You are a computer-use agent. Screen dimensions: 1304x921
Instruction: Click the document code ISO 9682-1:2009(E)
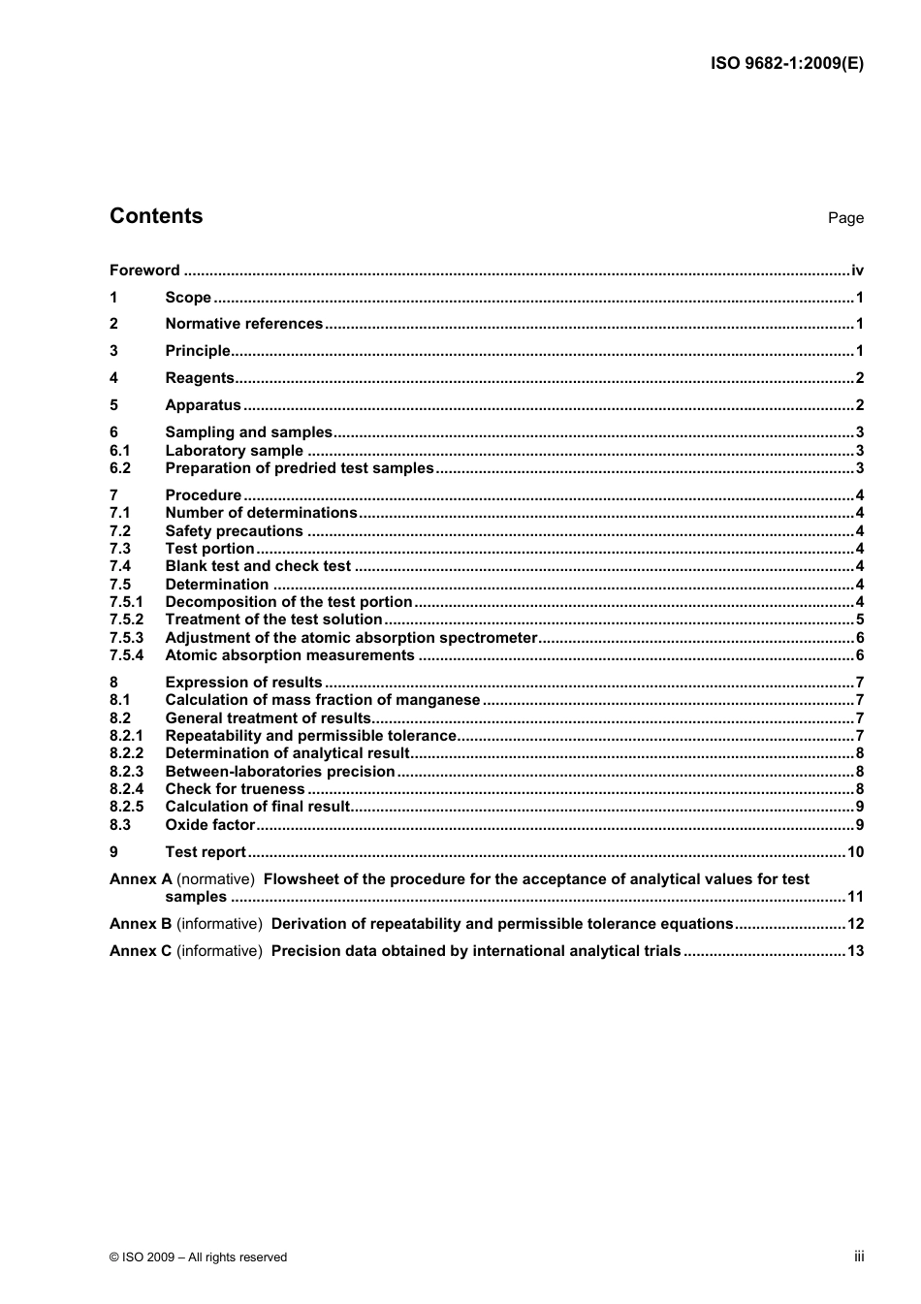click(x=786, y=64)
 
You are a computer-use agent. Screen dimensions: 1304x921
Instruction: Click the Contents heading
click(x=156, y=216)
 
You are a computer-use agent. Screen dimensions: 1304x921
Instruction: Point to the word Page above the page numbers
click(x=844, y=218)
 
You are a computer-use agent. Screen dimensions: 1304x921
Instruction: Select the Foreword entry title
click(x=144, y=270)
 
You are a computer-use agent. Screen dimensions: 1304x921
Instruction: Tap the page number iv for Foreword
click(x=857, y=270)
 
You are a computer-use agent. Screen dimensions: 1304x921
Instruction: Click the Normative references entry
click(x=243, y=324)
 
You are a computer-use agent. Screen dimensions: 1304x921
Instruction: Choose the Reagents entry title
click(x=200, y=378)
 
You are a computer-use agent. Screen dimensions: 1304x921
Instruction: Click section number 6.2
click(x=120, y=468)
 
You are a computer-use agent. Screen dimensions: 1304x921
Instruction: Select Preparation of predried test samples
click(x=299, y=468)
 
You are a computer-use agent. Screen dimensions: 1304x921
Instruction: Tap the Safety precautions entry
click(x=234, y=531)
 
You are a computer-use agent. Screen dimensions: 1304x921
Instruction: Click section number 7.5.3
click(x=126, y=638)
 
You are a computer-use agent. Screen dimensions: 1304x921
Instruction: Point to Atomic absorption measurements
click(x=289, y=655)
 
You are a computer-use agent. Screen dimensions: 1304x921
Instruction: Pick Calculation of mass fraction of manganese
click(x=322, y=700)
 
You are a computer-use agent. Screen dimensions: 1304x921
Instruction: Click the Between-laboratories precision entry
click(x=279, y=772)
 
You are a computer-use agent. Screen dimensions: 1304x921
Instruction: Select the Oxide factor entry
click(x=209, y=825)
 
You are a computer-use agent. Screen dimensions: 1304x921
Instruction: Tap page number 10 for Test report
click(x=855, y=852)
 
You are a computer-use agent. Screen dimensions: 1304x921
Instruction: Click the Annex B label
click(x=141, y=924)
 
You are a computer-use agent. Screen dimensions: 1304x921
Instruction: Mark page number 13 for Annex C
click(x=855, y=951)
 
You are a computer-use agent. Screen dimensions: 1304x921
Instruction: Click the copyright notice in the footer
click(x=199, y=1257)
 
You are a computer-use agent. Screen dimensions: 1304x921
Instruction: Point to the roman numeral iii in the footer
click(x=859, y=1256)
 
